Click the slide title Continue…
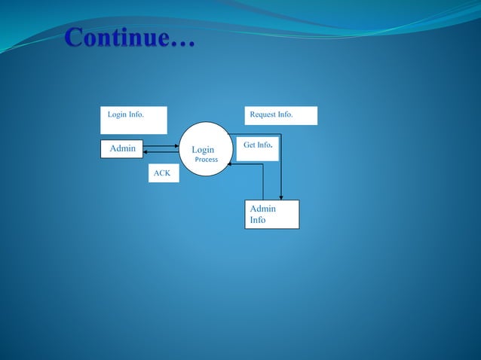(x=130, y=38)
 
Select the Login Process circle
(x=204, y=149)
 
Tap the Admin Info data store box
(x=271, y=214)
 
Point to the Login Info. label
(x=126, y=115)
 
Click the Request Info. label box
(x=280, y=115)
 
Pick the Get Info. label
(x=258, y=145)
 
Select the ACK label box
(x=163, y=174)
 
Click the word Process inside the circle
(x=206, y=160)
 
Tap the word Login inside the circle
(x=203, y=150)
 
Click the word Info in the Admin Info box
(x=258, y=220)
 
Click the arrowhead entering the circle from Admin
(x=176, y=146)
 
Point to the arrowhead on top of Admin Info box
(x=280, y=197)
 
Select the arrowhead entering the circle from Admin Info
(x=231, y=164)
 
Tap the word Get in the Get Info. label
(x=250, y=145)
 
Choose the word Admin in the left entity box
(x=123, y=148)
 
